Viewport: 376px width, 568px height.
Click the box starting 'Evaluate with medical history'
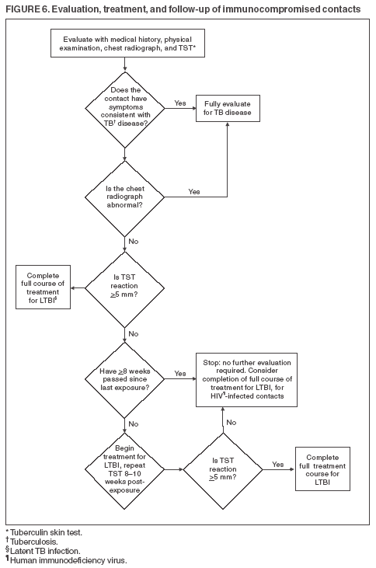pyautogui.click(x=124, y=44)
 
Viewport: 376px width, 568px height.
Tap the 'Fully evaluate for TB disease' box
pyautogui.click(x=228, y=107)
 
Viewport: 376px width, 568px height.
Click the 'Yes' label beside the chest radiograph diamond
pyautogui.click(x=193, y=191)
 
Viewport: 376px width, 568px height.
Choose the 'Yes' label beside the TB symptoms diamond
pyautogui.click(x=180, y=103)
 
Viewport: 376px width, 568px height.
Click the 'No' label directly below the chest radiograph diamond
pyautogui.click(x=134, y=242)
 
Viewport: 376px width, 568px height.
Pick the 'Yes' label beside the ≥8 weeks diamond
pyautogui.click(x=180, y=373)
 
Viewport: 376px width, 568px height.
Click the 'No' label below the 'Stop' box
pyautogui.click(x=231, y=423)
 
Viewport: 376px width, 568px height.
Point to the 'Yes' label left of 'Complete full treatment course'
pyautogui.click(x=277, y=464)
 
